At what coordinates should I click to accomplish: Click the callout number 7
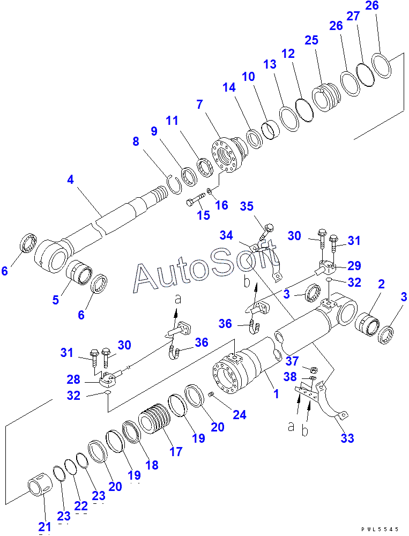(199, 105)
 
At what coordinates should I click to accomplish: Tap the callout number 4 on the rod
(70, 180)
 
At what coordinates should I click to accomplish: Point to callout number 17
(176, 451)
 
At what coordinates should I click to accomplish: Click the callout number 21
(44, 527)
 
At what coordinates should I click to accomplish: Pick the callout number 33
(347, 438)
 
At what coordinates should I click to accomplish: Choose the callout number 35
(246, 206)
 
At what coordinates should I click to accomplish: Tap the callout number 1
(276, 394)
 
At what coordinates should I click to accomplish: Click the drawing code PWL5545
(380, 529)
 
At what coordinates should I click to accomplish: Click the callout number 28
(74, 379)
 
